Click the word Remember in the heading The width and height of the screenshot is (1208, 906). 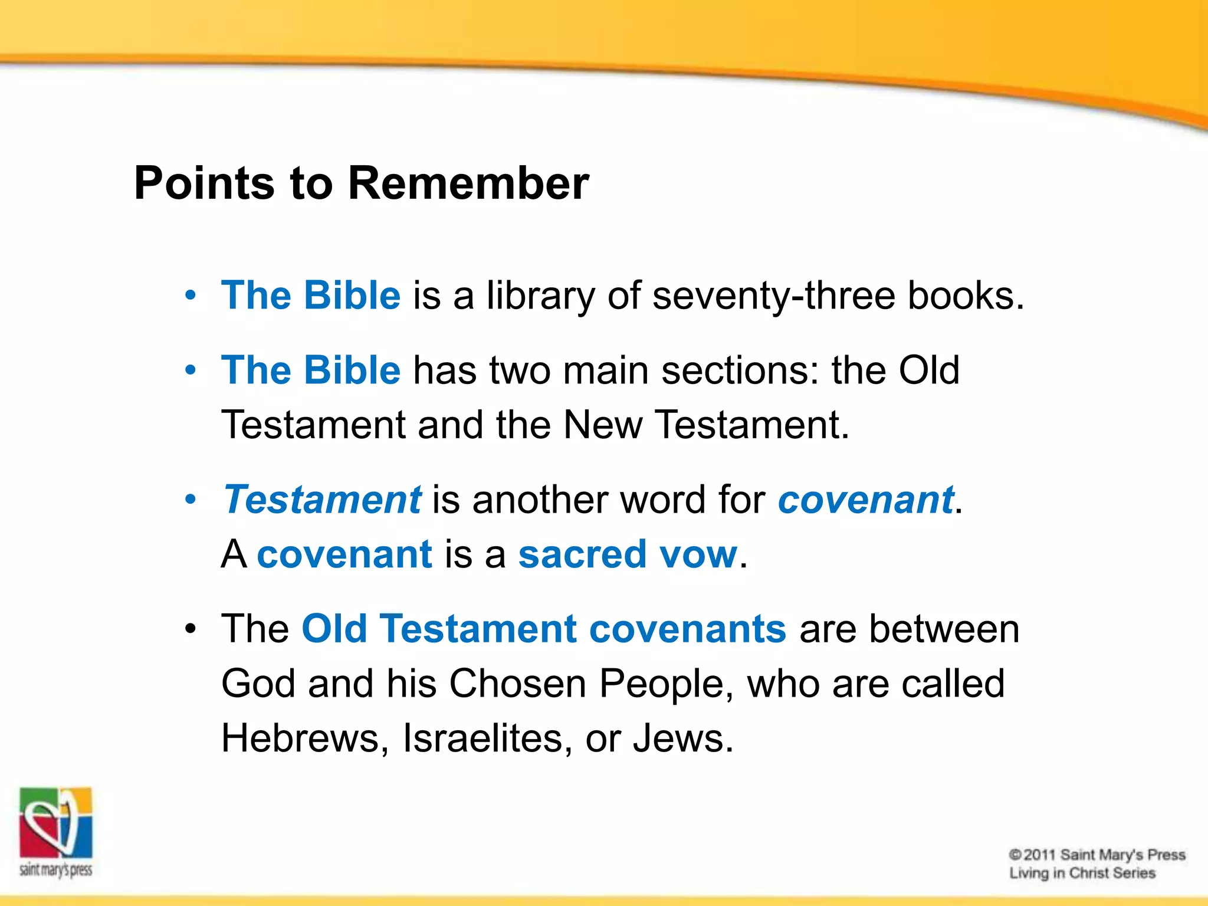point(468,183)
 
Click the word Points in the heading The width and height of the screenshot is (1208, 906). point(204,183)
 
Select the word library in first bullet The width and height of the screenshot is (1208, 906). point(540,297)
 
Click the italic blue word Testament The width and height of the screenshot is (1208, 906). point(323,500)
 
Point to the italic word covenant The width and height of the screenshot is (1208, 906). point(865,500)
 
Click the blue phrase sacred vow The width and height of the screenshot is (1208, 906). point(628,554)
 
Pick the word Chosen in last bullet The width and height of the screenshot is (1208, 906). point(517,684)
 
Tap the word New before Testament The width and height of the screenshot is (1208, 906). point(602,425)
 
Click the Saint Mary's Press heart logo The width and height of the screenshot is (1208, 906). point(56,823)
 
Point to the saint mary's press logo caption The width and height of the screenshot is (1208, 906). point(56,870)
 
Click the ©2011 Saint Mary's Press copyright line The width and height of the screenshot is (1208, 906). point(1097,855)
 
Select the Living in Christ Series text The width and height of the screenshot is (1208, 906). point(1082,873)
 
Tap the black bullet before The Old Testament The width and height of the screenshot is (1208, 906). point(190,629)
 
